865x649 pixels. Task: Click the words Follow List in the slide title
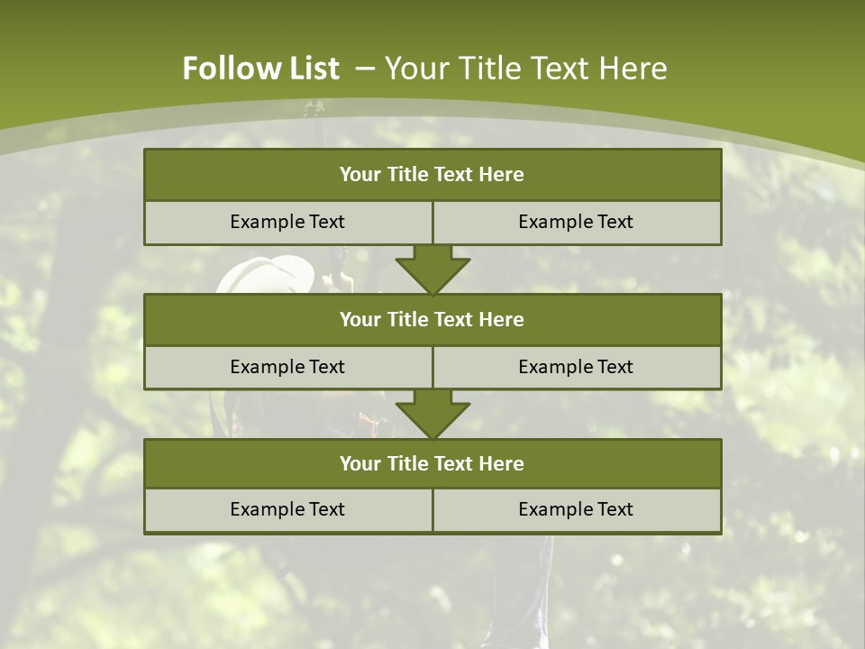[260, 69]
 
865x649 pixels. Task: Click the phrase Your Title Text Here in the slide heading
[526, 69]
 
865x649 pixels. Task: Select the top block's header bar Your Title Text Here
[432, 175]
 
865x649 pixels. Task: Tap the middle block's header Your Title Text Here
[432, 319]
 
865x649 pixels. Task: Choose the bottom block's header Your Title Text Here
[432, 463]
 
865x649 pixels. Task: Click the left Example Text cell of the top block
[287, 222]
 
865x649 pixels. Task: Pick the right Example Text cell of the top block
[576, 222]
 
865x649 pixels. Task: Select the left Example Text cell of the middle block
[287, 367]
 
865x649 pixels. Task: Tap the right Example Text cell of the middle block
[576, 367]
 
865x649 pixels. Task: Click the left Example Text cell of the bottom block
[287, 509]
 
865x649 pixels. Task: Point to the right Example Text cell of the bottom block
[576, 509]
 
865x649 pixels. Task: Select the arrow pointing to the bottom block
[432, 414]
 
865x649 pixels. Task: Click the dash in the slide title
[366, 69]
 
